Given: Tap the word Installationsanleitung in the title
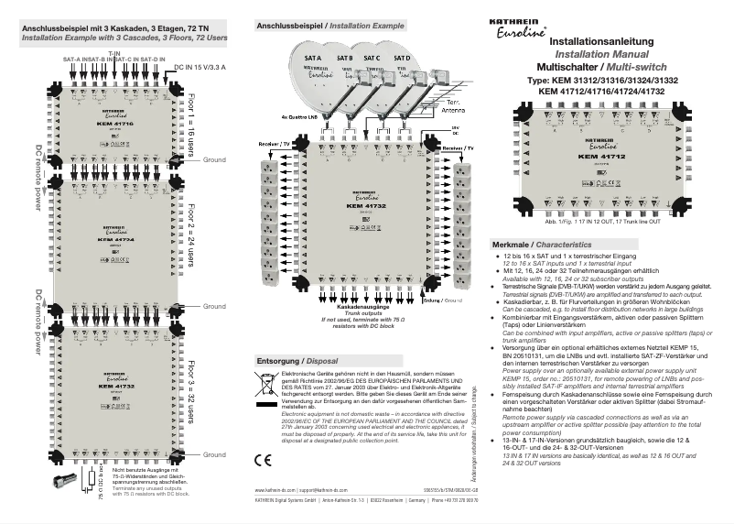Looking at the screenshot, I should pos(599,42).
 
